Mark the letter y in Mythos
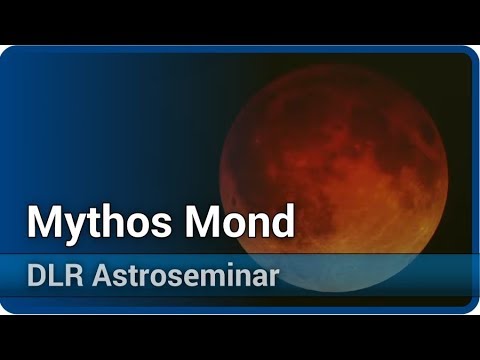coord(78,226)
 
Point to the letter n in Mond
coord(259,224)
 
